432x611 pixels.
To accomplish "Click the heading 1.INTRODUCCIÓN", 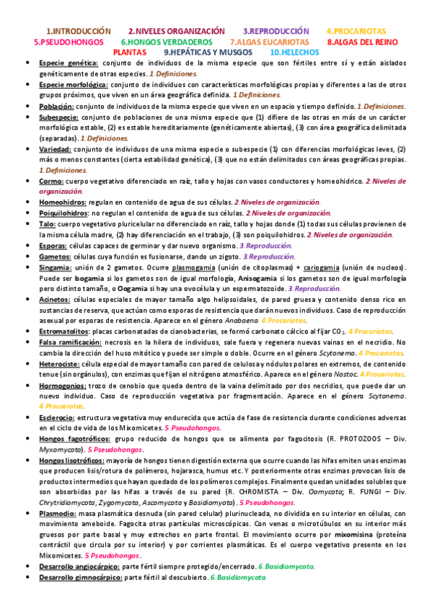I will [79, 32].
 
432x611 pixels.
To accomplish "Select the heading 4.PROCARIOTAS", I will [356, 32].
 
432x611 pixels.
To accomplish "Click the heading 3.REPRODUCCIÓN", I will [275, 32].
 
